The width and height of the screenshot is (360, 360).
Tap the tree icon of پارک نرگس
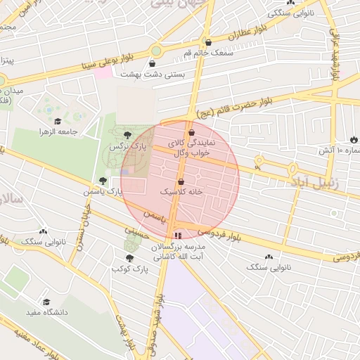tap(127, 134)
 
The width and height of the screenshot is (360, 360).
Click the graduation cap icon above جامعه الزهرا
tap(58, 121)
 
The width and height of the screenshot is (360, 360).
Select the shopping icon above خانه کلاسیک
tap(181, 181)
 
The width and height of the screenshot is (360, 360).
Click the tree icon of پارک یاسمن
tap(103, 181)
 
